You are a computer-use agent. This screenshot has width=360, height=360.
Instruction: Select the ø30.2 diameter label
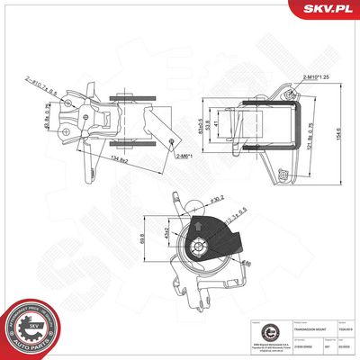point(217,200)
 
